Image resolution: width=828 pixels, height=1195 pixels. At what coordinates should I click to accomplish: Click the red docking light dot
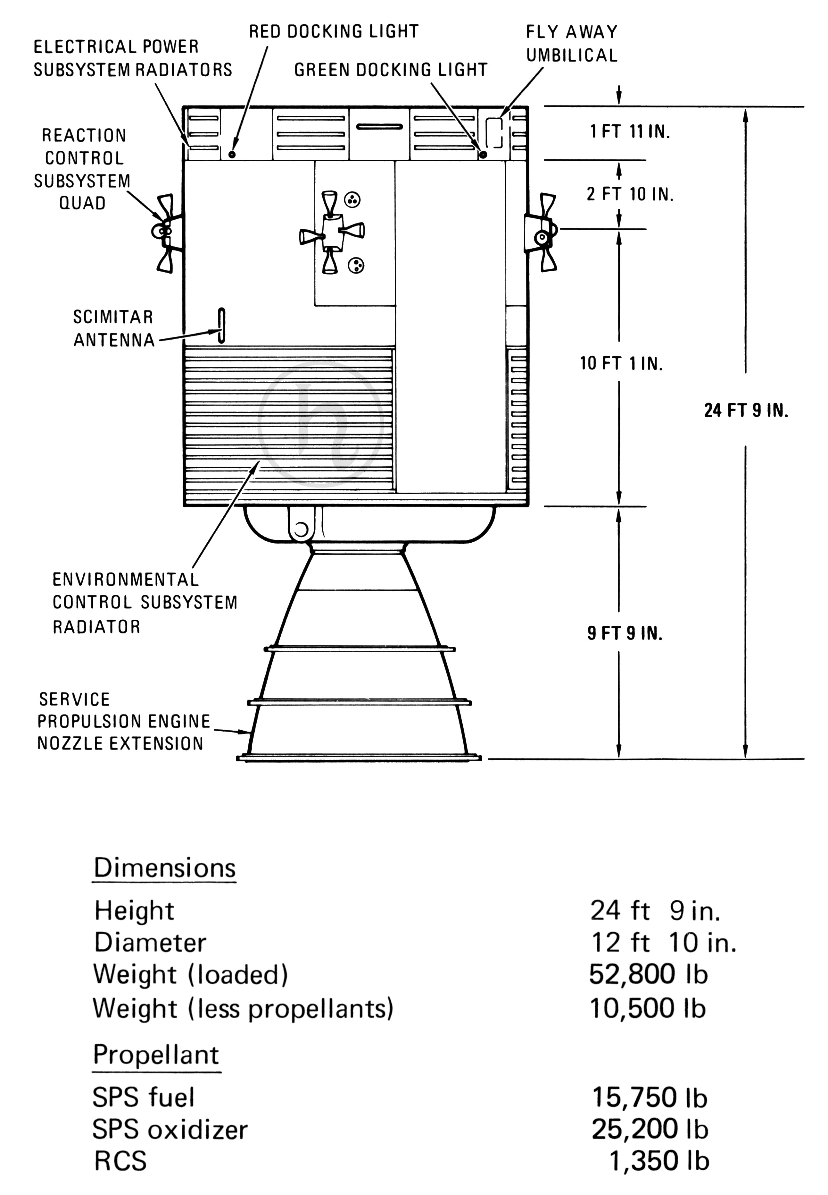pos(232,154)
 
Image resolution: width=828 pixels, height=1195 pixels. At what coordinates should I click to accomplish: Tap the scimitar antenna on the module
pos(221,326)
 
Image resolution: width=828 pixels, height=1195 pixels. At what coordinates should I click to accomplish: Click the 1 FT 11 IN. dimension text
pos(630,132)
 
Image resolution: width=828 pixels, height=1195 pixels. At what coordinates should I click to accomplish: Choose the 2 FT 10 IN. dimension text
pos(630,194)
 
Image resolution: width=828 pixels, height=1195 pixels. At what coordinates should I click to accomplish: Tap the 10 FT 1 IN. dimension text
pos(622,363)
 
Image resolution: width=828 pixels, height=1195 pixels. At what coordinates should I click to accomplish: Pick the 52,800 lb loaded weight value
pos(649,974)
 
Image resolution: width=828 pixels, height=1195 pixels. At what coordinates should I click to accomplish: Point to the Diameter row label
pos(150,943)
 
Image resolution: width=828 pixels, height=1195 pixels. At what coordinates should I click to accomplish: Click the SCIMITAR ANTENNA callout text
pos(114,329)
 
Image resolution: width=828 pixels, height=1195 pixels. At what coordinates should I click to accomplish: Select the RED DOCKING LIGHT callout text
pos(334,32)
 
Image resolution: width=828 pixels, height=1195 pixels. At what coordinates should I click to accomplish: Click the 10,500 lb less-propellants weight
pos(648,1008)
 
